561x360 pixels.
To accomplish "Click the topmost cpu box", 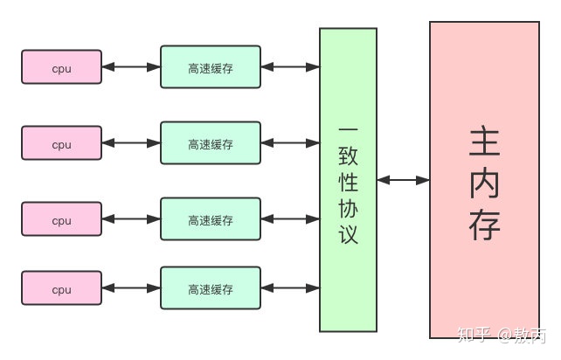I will pyautogui.click(x=61, y=67).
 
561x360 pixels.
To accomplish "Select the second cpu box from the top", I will pyautogui.click(x=61, y=143).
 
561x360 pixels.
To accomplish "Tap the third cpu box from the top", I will pyautogui.click(x=61, y=219).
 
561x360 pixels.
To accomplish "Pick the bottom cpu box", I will pyautogui.click(x=61, y=287).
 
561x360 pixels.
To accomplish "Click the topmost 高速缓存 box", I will pyautogui.click(x=211, y=67).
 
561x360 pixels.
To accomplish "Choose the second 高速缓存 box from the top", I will pyautogui.click(x=211, y=143).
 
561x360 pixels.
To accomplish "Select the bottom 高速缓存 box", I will pyautogui.click(x=211, y=287).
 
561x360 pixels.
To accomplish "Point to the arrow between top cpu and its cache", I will pyautogui.click(x=131, y=67).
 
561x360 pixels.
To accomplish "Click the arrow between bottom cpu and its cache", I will pyautogui.click(x=131, y=287).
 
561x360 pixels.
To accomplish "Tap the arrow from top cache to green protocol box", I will pyautogui.click(x=290, y=67).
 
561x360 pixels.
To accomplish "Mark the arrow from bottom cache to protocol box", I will pyautogui.click(x=290, y=287).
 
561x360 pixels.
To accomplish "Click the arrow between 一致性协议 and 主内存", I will pyautogui.click(x=403, y=180).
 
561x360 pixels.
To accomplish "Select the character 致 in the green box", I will pyautogui.click(x=348, y=158).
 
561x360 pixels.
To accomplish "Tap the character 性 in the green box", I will pyautogui.click(x=348, y=183).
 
